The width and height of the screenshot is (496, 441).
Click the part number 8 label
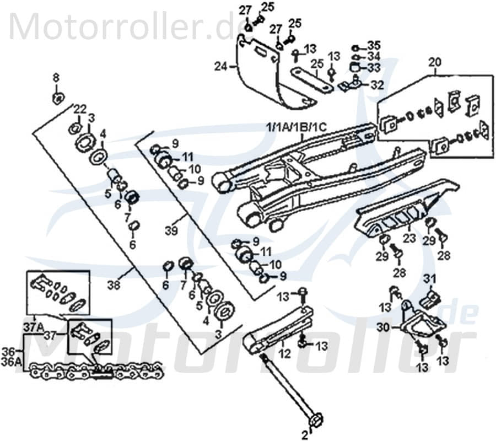55,76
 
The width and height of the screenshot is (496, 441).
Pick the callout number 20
435,62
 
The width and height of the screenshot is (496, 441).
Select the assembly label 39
171,232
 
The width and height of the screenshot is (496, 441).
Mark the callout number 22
80,107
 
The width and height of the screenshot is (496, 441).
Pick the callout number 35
374,44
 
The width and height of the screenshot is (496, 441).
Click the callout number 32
378,85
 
